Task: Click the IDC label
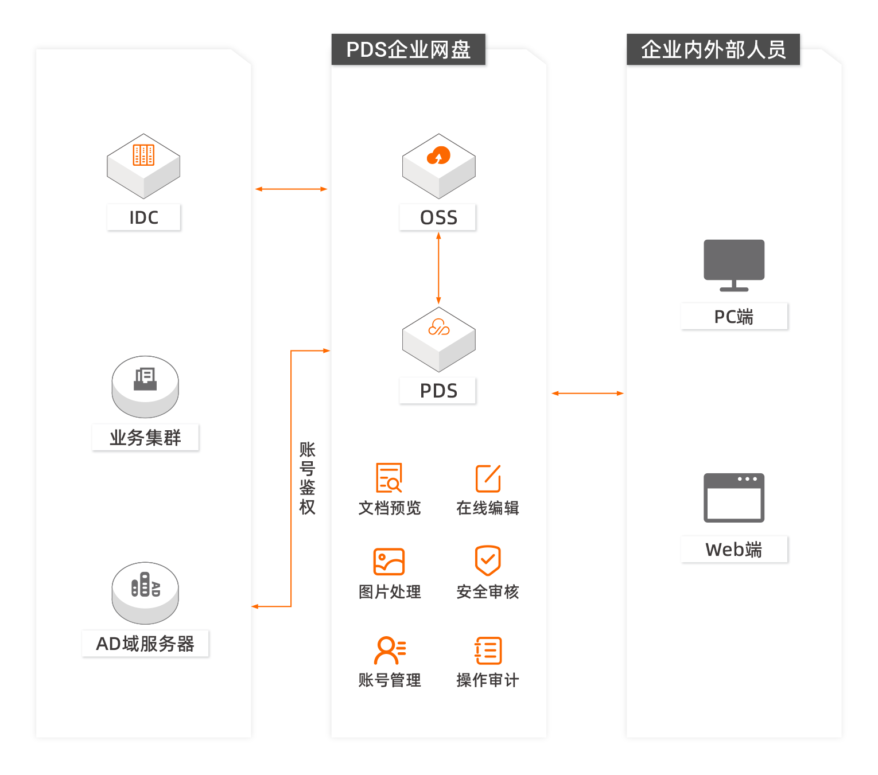pyautogui.click(x=143, y=217)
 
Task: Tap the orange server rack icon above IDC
pyautogui.click(x=143, y=155)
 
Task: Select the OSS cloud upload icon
pyautogui.click(x=438, y=155)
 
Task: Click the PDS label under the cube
pyautogui.click(x=438, y=391)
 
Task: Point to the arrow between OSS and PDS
pyautogui.click(x=438, y=268)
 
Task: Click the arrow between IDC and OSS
pyautogui.click(x=291, y=189)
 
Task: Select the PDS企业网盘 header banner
pyautogui.click(x=408, y=49)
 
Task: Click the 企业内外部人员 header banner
pyautogui.click(x=713, y=49)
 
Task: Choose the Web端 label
pyautogui.click(x=734, y=550)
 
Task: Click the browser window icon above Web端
pyautogui.click(x=734, y=497)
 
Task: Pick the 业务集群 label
pyautogui.click(x=145, y=438)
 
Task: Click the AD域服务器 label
pyautogui.click(x=145, y=644)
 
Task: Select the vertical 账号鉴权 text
pyautogui.click(x=308, y=478)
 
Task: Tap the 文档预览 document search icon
pyautogui.click(x=389, y=478)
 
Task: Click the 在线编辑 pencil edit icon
pyautogui.click(x=488, y=478)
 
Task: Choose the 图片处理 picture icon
pyautogui.click(x=389, y=562)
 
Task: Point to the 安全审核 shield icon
pyautogui.click(x=488, y=560)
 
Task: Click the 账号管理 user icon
pyautogui.click(x=390, y=651)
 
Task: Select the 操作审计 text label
pyautogui.click(x=488, y=680)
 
